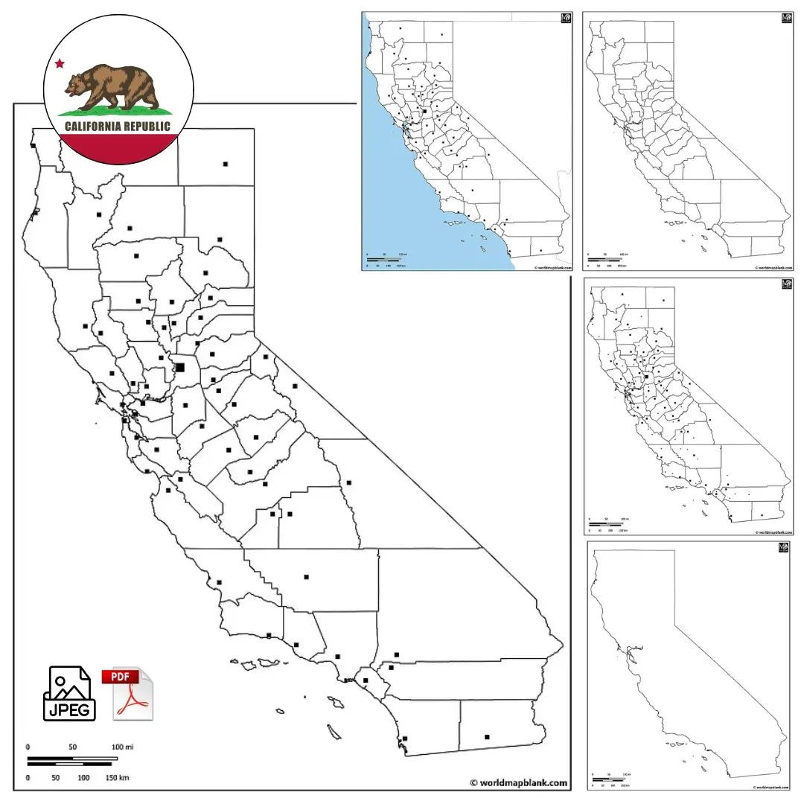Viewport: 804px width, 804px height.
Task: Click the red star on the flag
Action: click(60, 64)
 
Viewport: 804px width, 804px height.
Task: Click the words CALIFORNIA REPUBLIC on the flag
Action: click(118, 127)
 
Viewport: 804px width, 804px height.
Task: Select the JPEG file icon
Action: click(71, 693)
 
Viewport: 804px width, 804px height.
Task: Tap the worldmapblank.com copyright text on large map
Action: click(518, 782)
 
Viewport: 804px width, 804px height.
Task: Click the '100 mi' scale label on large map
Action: click(122, 747)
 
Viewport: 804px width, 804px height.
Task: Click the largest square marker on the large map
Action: click(180, 367)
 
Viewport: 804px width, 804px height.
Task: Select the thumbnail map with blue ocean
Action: click(467, 141)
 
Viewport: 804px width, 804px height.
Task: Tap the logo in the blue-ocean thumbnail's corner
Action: click(566, 18)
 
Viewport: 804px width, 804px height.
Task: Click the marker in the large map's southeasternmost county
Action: click(488, 737)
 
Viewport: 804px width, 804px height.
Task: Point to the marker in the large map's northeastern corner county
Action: click(226, 164)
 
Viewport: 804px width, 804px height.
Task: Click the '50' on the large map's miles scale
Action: click(73, 747)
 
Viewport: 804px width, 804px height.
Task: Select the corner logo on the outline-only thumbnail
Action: click(782, 548)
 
